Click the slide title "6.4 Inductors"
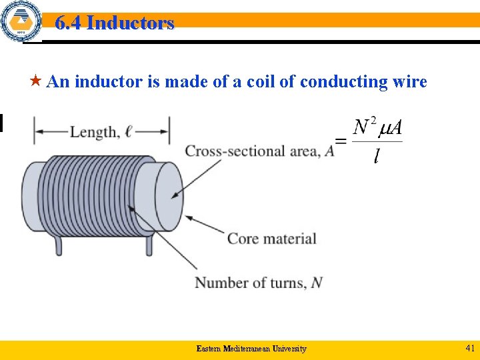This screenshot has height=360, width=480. [114, 23]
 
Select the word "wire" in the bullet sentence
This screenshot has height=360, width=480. [409, 82]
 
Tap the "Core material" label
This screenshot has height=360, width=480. [272, 238]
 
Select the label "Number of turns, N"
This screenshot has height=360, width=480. [259, 283]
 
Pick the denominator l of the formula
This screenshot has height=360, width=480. [377, 157]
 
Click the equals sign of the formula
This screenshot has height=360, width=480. [340, 141]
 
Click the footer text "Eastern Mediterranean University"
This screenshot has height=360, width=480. [251, 349]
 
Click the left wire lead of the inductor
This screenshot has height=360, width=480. [59, 246]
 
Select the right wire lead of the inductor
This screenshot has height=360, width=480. [149, 245]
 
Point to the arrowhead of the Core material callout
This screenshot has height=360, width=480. [189, 217]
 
